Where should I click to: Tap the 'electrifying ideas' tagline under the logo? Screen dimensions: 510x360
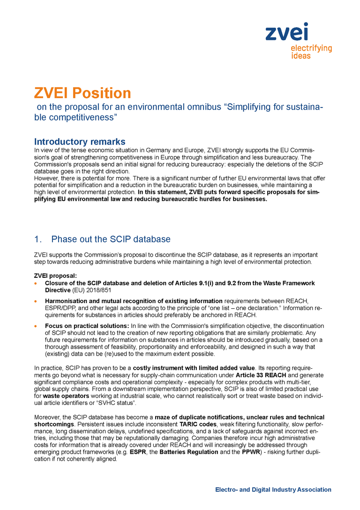[x=311, y=52]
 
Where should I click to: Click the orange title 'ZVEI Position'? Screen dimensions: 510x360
[x=82, y=93]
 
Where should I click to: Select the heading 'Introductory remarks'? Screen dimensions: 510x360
[x=80, y=142]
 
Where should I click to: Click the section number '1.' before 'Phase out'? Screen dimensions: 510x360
[x=38, y=239]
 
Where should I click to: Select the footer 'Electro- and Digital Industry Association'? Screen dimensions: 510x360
[x=273, y=490]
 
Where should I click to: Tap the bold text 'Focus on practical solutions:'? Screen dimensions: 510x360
[x=87, y=326]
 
